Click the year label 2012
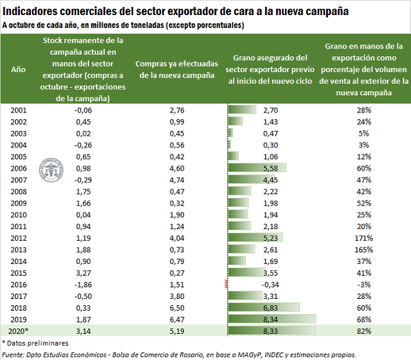[x=19, y=238]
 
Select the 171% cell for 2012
[x=363, y=238]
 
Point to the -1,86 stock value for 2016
[x=83, y=284]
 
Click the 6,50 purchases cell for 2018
[x=177, y=307]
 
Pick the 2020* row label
[x=19, y=331]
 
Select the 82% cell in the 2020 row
[x=363, y=331]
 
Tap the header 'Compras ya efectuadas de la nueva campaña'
[x=177, y=69]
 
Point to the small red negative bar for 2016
[x=226, y=284]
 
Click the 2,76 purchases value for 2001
[x=177, y=110]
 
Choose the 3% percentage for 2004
[x=363, y=145]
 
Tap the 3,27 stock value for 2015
[x=83, y=272]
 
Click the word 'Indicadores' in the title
[x=36, y=12]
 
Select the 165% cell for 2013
[x=363, y=250]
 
